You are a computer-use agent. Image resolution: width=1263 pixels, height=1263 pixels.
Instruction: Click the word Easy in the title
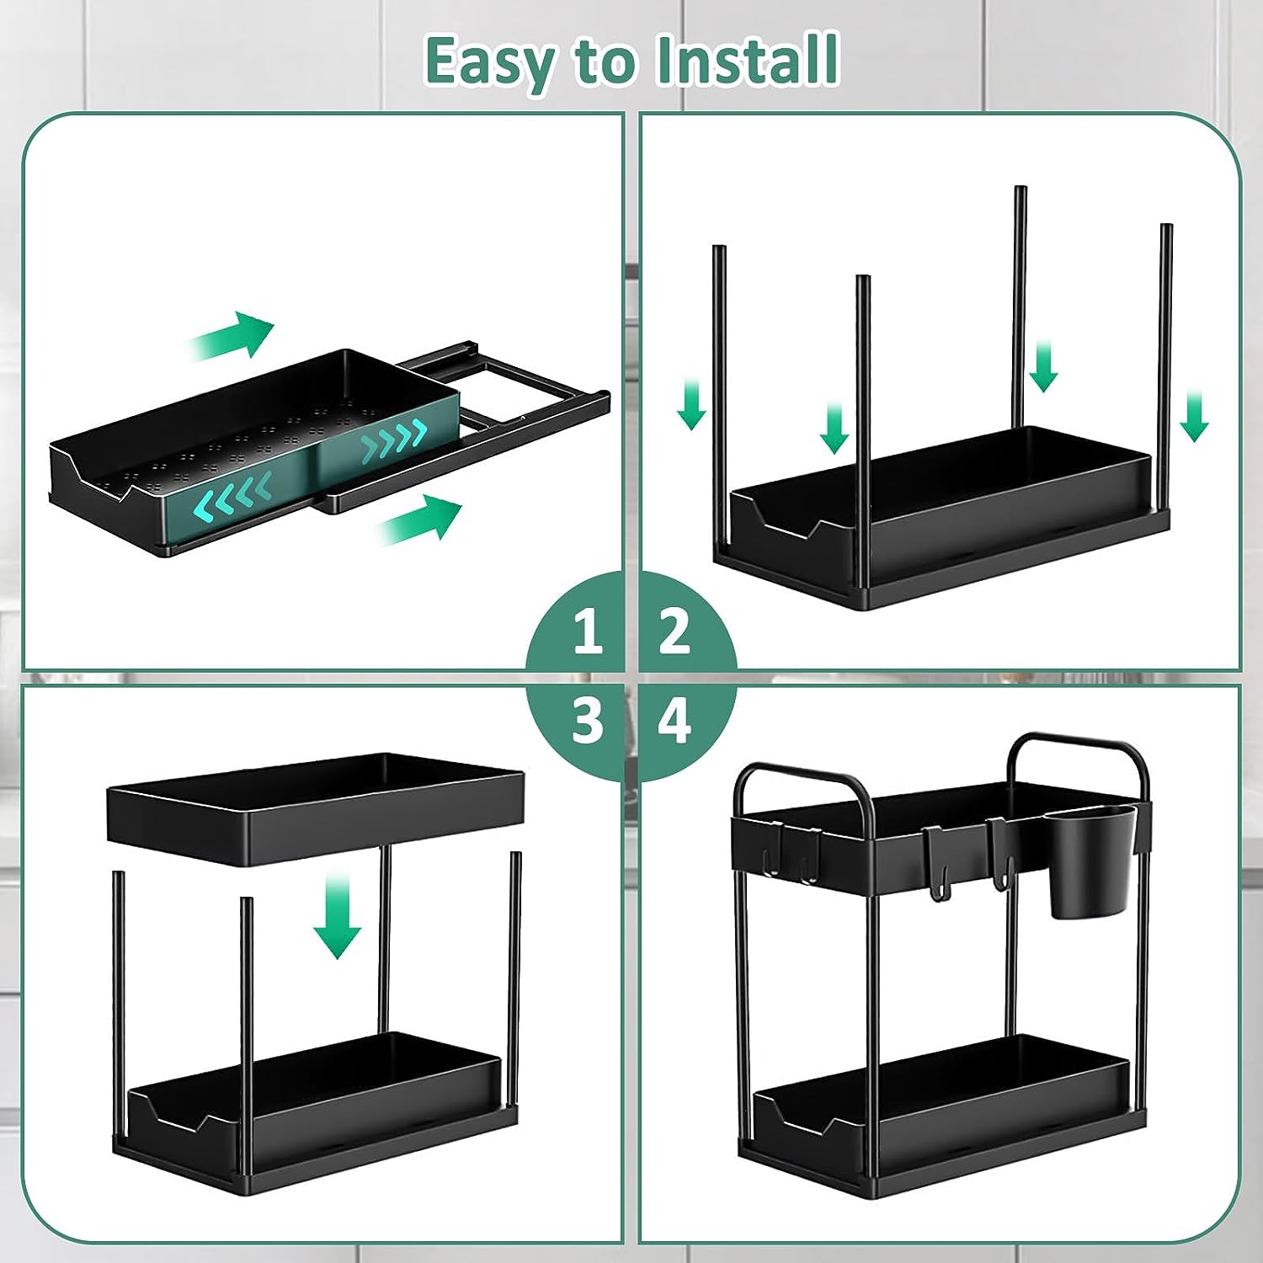click(488, 61)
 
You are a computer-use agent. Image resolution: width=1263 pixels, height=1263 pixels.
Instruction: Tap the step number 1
click(588, 631)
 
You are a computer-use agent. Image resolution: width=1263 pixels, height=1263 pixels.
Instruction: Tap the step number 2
click(674, 631)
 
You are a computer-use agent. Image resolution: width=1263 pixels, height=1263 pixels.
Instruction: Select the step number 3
click(588, 721)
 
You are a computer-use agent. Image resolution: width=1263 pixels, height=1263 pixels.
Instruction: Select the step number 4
click(674, 721)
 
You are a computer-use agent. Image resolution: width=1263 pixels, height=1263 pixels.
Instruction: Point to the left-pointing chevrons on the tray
click(232, 497)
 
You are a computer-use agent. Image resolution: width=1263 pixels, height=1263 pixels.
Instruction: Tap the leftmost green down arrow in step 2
click(691, 403)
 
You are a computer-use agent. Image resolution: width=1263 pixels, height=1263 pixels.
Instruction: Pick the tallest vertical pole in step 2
click(1020, 303)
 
